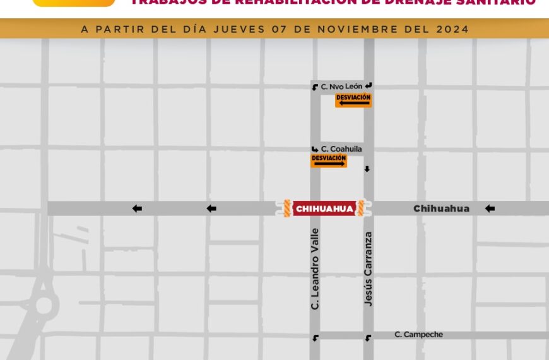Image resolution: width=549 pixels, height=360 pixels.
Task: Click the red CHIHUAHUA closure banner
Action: point(324,208)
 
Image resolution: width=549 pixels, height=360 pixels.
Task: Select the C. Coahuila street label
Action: point(341,149)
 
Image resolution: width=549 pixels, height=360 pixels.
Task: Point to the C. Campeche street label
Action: point(418,334)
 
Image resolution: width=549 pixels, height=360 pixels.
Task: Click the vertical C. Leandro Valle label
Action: point(316,268)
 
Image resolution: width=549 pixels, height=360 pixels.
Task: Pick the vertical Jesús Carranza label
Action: point(369,269)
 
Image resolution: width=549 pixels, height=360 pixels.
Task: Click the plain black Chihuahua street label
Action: point(441,208)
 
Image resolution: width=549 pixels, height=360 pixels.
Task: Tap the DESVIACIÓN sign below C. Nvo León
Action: point(353,100)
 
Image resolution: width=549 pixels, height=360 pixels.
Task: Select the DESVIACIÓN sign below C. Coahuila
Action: point(329,161)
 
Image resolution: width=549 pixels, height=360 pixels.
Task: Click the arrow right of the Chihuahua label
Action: point(490,208)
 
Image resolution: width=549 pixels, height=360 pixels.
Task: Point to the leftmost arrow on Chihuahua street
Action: point(137,208)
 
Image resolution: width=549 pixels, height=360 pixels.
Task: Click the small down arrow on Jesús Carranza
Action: point(367,169)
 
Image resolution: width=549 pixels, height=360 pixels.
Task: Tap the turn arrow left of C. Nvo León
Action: point(315,87)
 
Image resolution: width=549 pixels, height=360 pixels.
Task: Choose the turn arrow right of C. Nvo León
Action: point(369,86)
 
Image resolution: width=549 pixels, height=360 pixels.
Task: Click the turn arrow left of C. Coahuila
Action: point(314,149)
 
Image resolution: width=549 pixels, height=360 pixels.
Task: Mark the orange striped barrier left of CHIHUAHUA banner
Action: point(286,208)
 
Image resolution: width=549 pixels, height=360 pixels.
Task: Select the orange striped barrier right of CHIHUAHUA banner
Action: point(361,208)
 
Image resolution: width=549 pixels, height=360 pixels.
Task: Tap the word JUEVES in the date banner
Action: point(238,29)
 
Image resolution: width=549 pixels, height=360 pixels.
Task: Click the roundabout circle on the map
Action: point(44,305)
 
